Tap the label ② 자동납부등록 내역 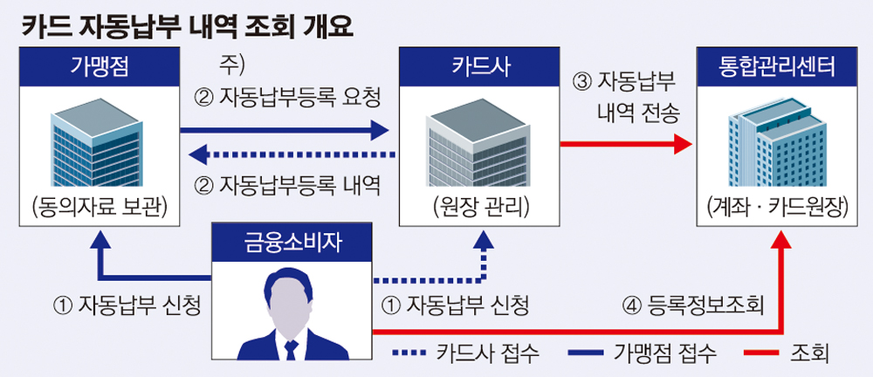[288, 185]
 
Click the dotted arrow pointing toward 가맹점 [288, 155]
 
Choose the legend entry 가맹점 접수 [642, 353]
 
